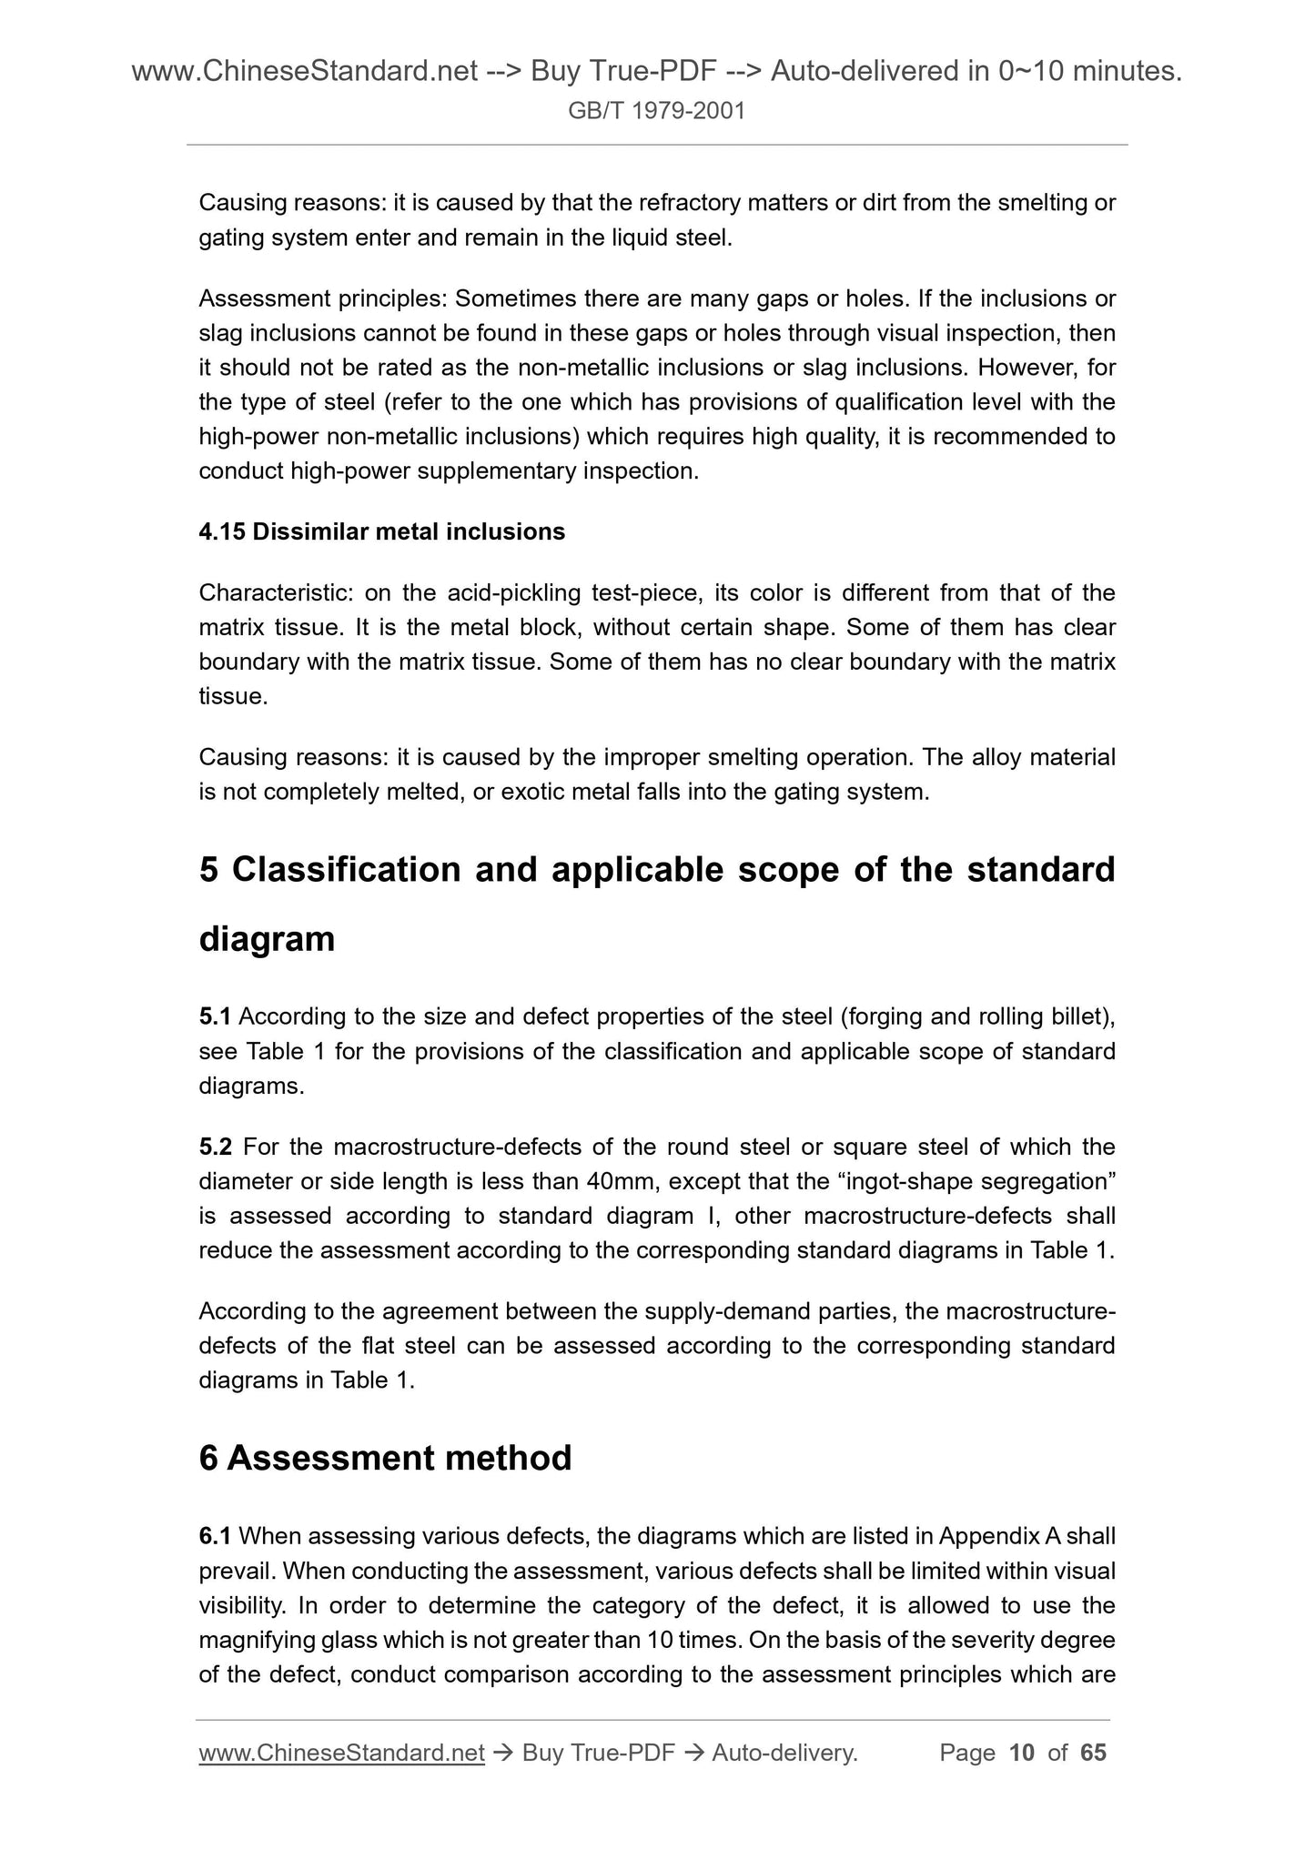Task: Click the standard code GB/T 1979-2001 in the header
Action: [x=656, y=111]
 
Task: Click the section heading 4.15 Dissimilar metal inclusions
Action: [x=381, y=532]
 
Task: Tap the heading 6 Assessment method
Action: [x=385, y=1459]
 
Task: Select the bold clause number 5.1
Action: [x=215, y=1016]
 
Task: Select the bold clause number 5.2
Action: [x=215, y=1147]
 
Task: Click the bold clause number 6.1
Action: [x=215, y=1537]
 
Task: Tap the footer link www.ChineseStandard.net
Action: [x=341, y=1753]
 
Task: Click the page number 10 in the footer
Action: [x=1022, y=1753]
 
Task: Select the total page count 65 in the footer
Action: [x=1093, y=1753]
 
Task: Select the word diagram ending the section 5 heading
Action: [x=267, y=940]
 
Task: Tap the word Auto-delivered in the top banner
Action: [x=865, y=71]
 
